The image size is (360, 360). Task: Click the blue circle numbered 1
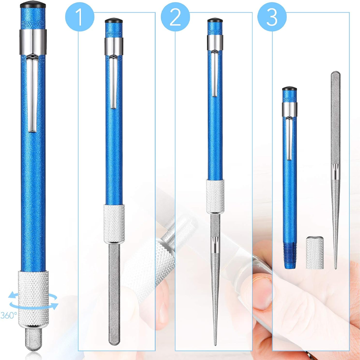coord(80,17)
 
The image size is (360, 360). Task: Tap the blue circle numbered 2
coord(175,17)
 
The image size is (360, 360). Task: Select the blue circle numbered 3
coord(272,17)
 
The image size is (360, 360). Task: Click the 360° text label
coord(9,315)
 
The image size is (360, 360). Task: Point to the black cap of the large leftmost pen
coord(33,4)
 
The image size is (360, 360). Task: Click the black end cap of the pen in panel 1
coord(114,20)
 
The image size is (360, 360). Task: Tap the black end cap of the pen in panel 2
coord(215,20)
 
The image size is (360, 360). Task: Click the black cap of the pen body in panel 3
coord(289,89)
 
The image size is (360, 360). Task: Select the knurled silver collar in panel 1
coord(114,224)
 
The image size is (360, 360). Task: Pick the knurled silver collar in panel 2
coord(215,197)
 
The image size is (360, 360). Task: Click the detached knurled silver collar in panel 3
coord(315,252)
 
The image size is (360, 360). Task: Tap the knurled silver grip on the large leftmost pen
coord(33,299)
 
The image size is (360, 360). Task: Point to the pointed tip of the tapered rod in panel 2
coord(215,345)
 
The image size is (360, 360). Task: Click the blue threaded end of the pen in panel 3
coord(290,255)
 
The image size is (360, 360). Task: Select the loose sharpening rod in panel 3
coord(335,170)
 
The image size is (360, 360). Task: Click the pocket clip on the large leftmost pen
coord(32,93)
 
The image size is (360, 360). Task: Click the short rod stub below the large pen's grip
coord(33,339)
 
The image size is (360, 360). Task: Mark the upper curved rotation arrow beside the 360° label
coord(33,296)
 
